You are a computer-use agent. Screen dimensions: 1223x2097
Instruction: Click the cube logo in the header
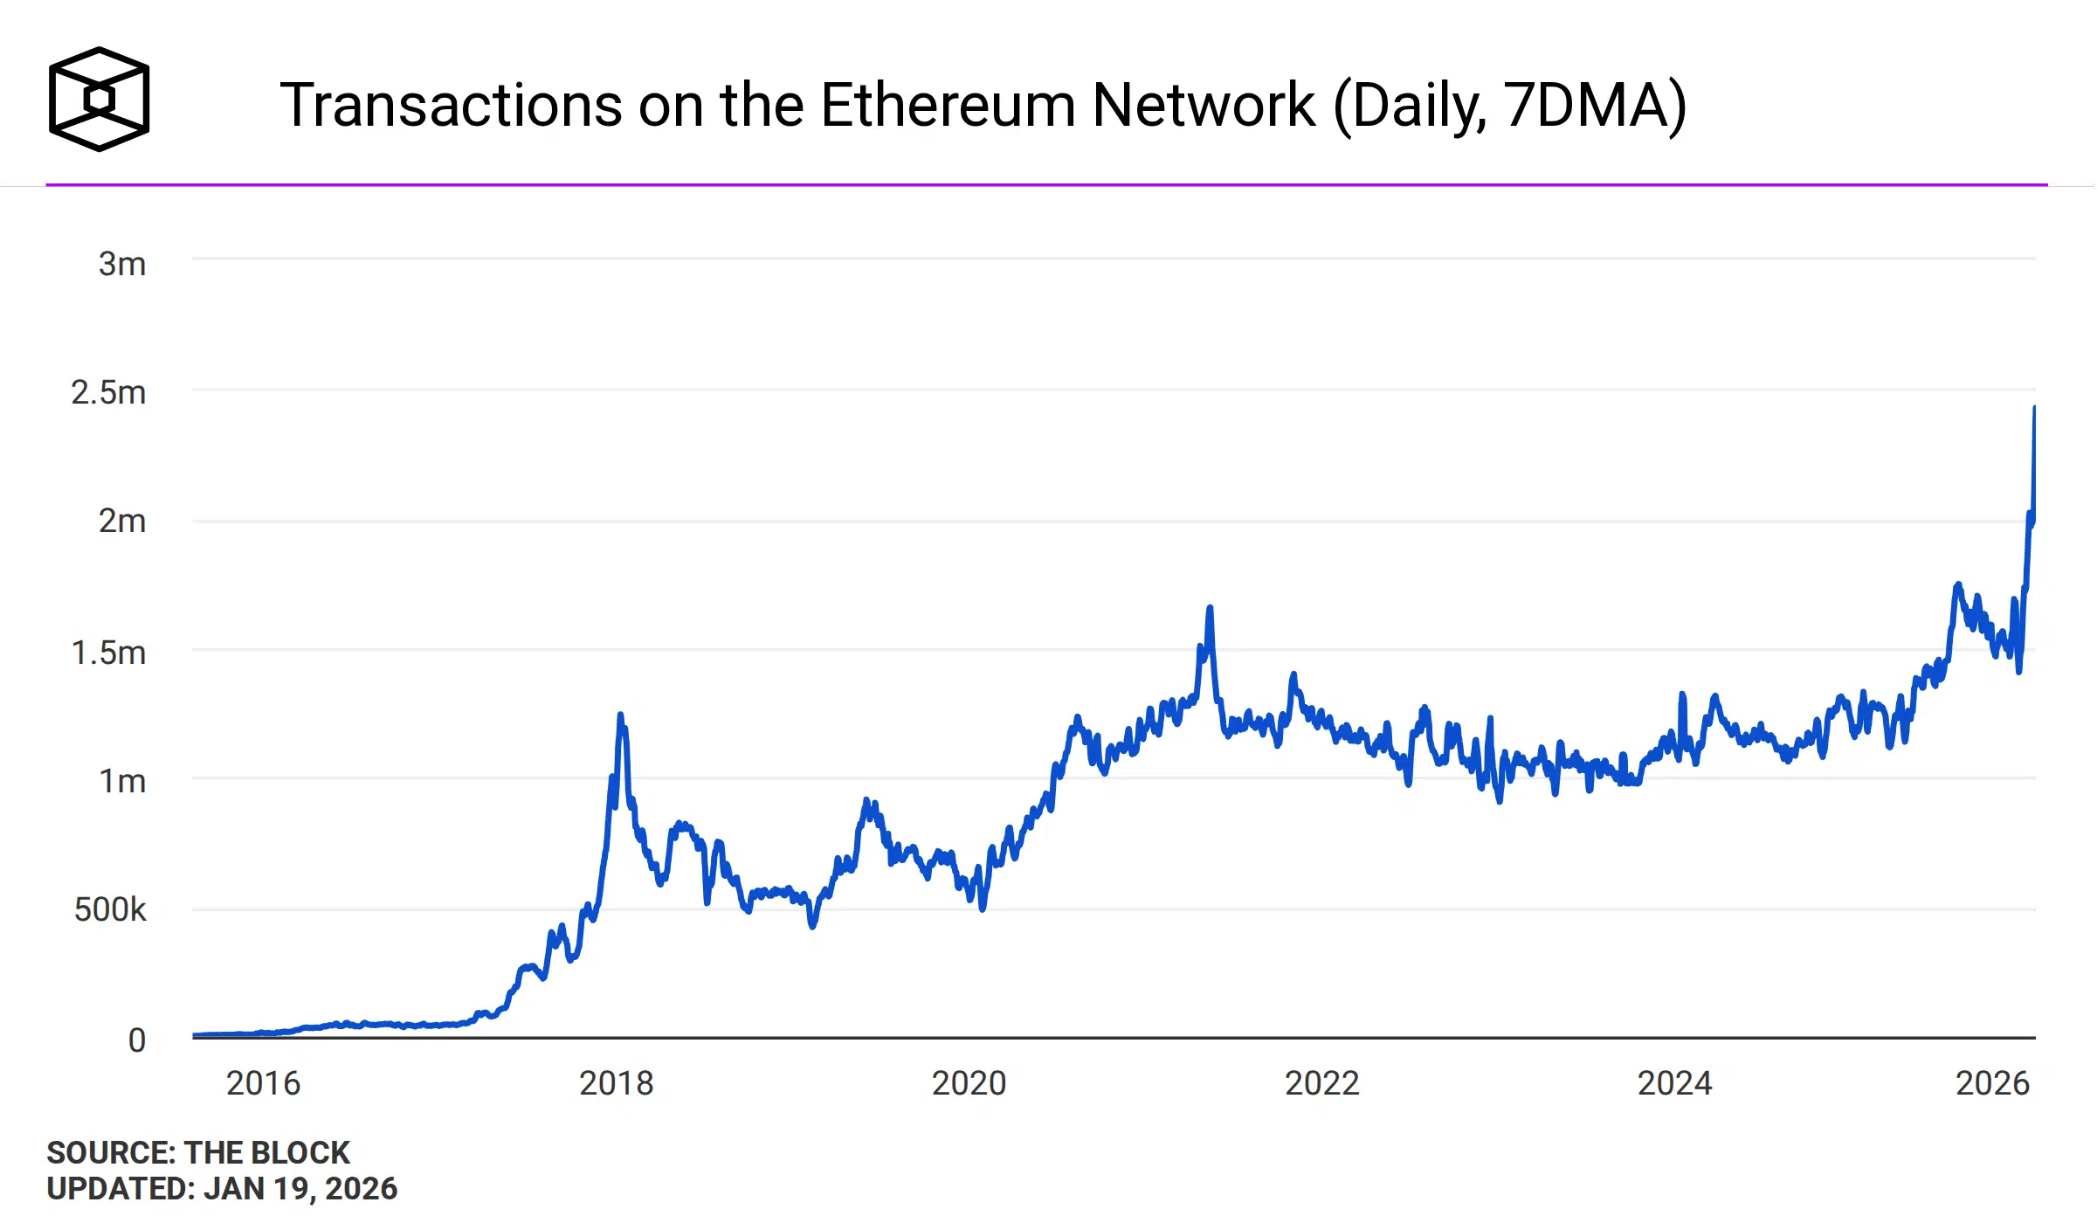click(99, 99)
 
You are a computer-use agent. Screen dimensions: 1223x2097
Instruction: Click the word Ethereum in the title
click(948, 106)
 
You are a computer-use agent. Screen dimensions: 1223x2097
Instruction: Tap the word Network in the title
click(1203, 106)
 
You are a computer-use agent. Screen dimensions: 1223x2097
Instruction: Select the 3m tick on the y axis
click(121, 264)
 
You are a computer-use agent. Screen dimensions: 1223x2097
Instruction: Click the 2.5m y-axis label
click(108, 392)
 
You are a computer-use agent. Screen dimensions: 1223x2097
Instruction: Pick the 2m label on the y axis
click(121, 521)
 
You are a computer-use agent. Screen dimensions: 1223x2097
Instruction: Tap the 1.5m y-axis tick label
click(108, 653)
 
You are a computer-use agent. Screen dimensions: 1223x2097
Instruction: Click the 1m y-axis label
click(121, 781)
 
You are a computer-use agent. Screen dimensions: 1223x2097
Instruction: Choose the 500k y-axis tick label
click(110, 909)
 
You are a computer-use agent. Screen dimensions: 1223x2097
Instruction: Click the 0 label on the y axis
click(136, 1040)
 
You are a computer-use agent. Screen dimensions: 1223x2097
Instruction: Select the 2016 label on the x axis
click(263, 1083)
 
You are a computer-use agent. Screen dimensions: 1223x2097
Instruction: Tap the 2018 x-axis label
click(616, 1083)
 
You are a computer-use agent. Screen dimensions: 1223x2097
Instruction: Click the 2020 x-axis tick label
click(969, 1083)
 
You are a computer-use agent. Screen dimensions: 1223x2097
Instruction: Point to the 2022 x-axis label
click(1321, 1083)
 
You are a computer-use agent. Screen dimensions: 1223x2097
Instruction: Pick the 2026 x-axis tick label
click(1992, 1083)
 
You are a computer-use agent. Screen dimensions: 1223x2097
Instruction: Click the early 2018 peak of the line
click(620, 715)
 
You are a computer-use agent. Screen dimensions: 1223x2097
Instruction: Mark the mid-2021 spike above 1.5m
click(1210, 608)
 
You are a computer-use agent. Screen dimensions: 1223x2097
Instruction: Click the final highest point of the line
click(2034, 408)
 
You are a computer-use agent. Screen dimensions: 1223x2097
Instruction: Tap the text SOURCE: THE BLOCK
click(198, 1152)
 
